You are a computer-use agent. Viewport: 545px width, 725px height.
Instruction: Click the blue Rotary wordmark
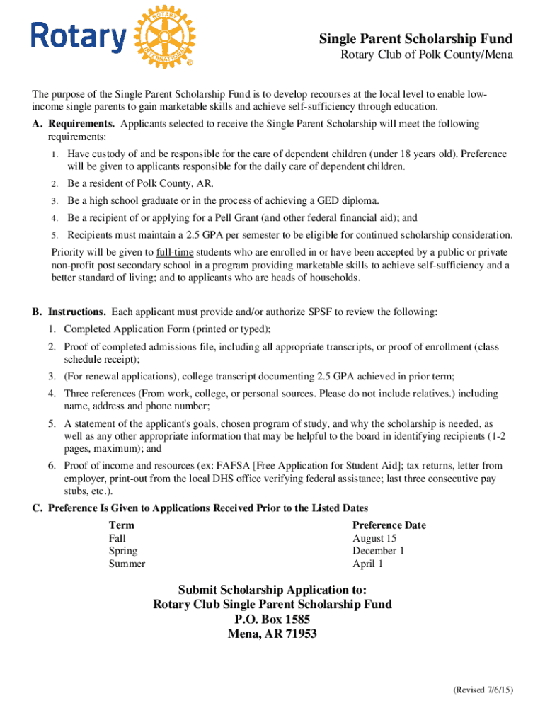[x=78, y=37]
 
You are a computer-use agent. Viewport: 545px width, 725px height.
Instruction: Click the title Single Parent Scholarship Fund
[x=415, y=38]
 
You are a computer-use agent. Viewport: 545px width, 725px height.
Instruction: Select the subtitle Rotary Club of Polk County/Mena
[x=427, y=55]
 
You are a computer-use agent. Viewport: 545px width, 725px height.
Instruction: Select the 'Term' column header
[x=121, y=525]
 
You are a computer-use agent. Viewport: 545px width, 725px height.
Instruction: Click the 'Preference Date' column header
[x=389, y=525]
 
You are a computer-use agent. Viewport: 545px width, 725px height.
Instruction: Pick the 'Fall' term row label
[x=117, y=538]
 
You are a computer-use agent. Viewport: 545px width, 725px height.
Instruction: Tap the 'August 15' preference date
[x=374, y=538]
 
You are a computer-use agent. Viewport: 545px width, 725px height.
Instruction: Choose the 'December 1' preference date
[x=379, y=551]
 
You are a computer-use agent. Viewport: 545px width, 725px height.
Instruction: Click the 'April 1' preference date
[x=367, y=564]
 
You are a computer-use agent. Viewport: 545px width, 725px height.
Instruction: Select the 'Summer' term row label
[x=127, y=564]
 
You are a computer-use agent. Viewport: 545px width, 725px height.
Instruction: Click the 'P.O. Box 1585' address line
[x=272, y=619]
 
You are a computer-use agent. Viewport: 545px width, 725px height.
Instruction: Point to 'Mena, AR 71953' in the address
[x=272, y=634]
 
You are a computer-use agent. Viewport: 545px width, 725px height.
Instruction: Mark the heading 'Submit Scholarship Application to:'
[x=272, y=590]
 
